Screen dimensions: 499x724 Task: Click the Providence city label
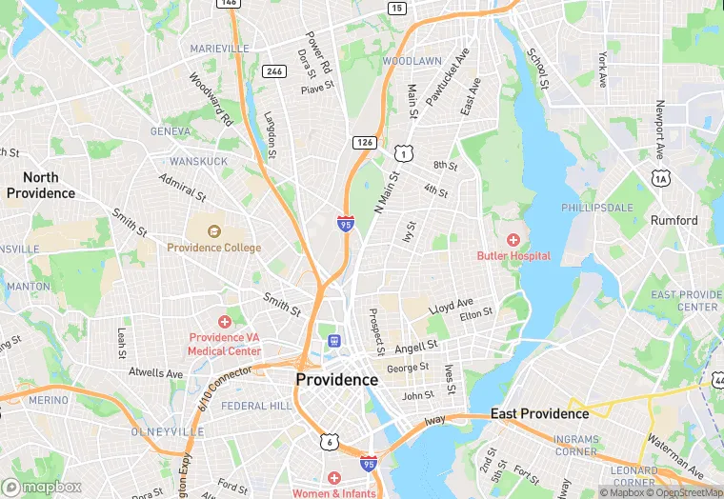[x=336, y=379]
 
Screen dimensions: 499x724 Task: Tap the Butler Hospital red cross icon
[x=513, y=239]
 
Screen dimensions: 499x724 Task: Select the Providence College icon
[x=213, y=230]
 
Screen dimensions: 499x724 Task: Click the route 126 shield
[x=363, y=142]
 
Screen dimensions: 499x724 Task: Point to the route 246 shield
[x=275, y=71]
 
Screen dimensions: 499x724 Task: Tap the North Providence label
[x=41, y=185]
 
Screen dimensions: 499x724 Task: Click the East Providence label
[x=539, y=413]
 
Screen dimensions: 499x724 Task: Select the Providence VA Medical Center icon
[x=225, y=322]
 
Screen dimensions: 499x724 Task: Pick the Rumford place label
[x=674, y=220]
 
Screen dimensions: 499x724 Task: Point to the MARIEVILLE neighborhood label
[x=219, y=48]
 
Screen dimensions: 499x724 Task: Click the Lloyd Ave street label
[x=451, y=307]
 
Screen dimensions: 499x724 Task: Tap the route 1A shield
[x=660, y=177]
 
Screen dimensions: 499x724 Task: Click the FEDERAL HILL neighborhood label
[x=256, y=406]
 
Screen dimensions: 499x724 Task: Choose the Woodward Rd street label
[x=211, y=100]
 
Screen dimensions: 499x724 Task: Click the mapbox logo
[x=41, y=487]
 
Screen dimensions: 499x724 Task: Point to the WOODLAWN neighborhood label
[x=412, y=61]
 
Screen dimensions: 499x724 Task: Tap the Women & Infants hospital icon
[x=333, y=477]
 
